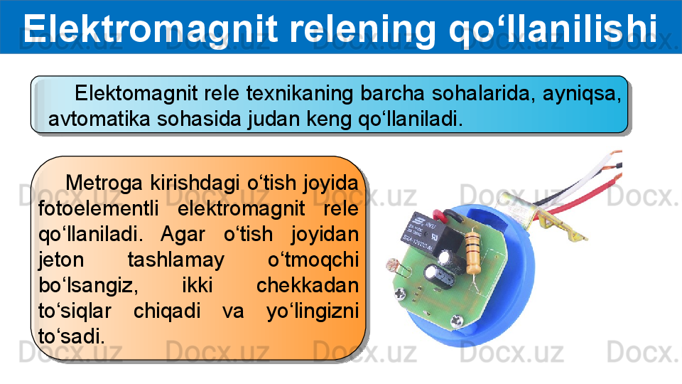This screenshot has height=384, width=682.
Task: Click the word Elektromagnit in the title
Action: tap(151, 28)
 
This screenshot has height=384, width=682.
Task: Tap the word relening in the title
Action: tap(363, 28)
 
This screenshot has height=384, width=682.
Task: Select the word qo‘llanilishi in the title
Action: tap(553, 28)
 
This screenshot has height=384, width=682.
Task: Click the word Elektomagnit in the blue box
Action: tap(136, 93)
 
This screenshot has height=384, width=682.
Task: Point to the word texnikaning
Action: tap(300, 93)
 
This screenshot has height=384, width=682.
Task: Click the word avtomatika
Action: tap(99, 119)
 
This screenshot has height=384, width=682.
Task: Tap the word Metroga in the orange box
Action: tap(104, 183)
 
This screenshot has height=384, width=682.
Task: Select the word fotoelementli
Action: tap(99, 208)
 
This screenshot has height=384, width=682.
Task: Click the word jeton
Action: tap(61, 260)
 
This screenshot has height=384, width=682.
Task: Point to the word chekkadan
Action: tap(308, 285)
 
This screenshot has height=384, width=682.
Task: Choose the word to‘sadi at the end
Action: tap(72, 336)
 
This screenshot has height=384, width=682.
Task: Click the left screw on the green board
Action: tap(401, 294)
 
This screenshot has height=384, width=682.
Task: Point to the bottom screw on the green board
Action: tap(456, 321)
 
